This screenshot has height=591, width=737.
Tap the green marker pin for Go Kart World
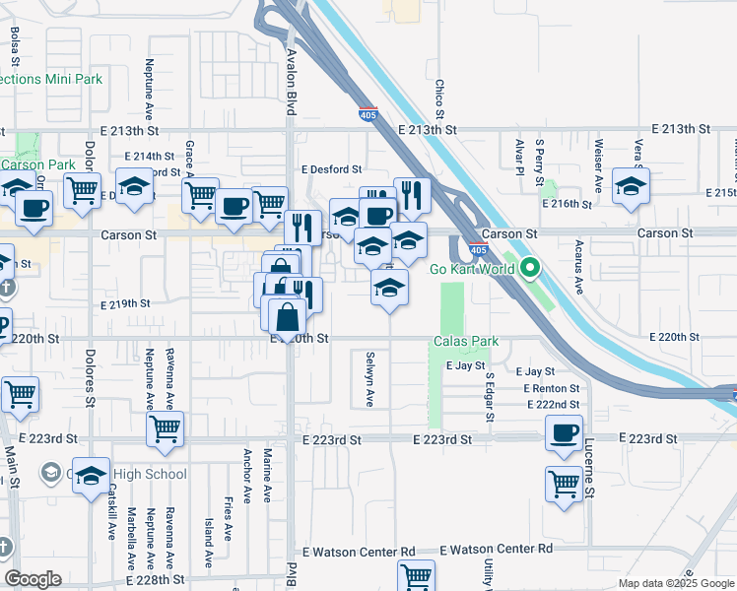pos(530,267)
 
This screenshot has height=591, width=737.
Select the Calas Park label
pos(466,342)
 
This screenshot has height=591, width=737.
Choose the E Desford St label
pos(332,169)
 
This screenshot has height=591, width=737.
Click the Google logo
pos(33,579)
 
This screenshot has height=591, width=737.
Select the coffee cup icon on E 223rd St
pos(565,433)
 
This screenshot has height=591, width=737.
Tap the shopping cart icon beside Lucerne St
pos(563,483)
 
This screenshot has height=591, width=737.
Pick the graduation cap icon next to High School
pos(91,476)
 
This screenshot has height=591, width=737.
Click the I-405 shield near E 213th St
pos(368,115)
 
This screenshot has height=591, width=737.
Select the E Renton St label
pos(552,388)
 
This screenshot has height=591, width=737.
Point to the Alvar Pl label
pos(518,156)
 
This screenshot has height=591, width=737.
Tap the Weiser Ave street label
pos(598,165)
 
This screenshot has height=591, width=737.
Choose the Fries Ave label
pos(228,511)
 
